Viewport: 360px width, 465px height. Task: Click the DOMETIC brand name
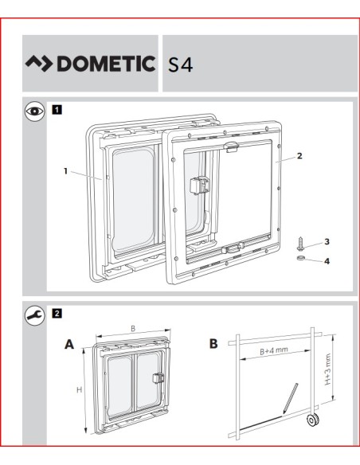106,64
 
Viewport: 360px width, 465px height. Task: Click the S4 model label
181,64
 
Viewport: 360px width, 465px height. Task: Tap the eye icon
35,111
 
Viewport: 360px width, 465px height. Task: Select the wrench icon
35,315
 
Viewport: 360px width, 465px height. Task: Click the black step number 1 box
57,110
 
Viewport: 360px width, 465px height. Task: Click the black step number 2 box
57,313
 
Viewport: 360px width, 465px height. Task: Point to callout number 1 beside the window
66,171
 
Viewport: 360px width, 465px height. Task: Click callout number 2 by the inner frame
299,156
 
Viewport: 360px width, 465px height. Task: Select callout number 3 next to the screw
327,242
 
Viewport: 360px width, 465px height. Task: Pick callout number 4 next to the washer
327,261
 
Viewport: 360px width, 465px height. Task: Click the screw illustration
300,243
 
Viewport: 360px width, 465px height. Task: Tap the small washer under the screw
301,258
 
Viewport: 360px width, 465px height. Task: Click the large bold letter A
69,344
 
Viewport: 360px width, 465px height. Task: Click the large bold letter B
213,344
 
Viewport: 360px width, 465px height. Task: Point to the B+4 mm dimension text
274,350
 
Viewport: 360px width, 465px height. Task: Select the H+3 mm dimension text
327,369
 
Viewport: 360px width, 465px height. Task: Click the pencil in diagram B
291,398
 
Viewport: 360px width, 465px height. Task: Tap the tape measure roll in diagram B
312,420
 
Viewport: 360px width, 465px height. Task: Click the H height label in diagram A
79,389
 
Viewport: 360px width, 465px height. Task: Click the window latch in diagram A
157,378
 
